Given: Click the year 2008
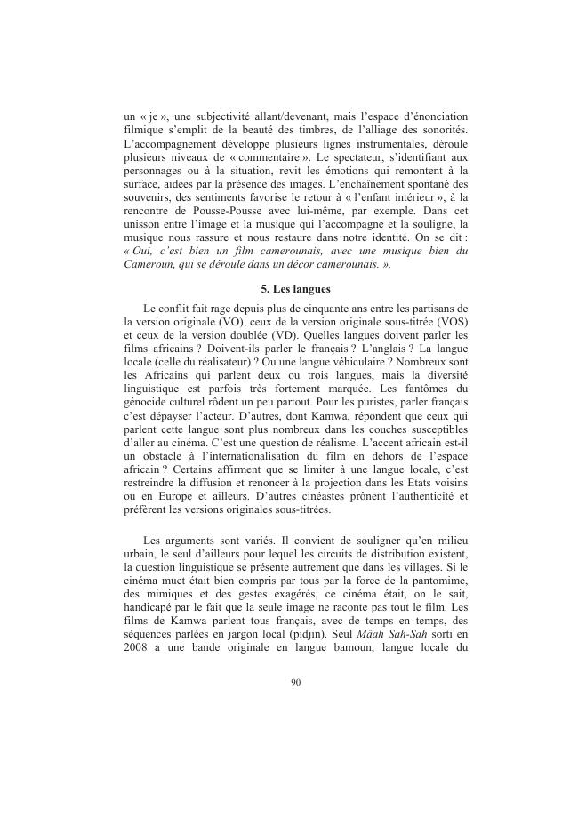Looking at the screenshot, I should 138,651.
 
